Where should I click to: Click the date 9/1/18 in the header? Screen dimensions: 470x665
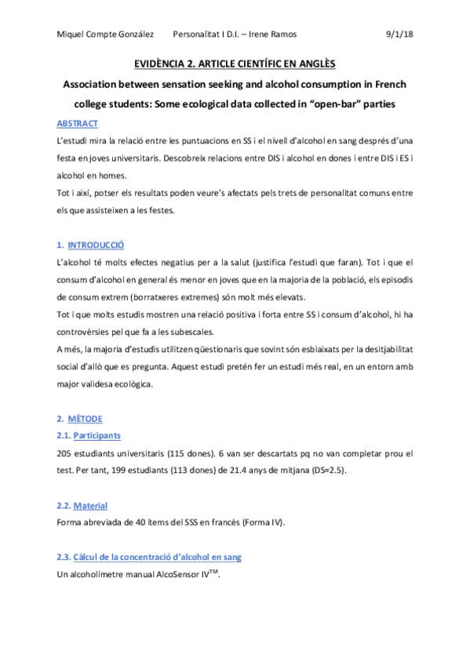[400, 34]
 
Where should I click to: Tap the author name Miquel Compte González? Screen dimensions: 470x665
[103, 34]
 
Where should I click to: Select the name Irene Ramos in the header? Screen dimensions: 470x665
[275, 34]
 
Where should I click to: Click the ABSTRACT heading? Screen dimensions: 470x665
[78, 124]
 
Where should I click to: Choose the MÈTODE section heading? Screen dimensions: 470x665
[86, 418]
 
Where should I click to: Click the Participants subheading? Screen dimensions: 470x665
[97, 435]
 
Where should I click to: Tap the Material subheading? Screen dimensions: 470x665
[90, 505]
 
